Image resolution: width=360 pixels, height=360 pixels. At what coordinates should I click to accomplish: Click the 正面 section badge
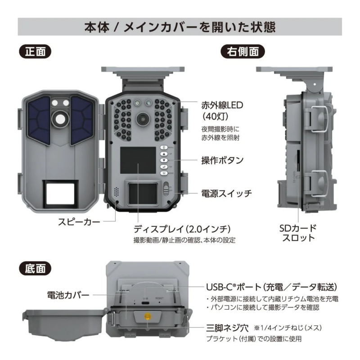pos(35,51)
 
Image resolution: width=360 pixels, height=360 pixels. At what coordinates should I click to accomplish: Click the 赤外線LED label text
pos(222,106)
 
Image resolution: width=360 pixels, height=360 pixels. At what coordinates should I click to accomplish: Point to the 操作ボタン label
pos(222,160)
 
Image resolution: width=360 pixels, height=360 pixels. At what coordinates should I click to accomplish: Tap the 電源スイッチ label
pos(226,193)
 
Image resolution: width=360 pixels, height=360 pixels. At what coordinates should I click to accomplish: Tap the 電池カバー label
pos(68,295)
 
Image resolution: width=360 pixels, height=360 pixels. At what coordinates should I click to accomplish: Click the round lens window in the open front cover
pos(59,118)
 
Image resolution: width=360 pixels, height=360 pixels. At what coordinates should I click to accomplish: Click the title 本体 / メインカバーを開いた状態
pos(180,27)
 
